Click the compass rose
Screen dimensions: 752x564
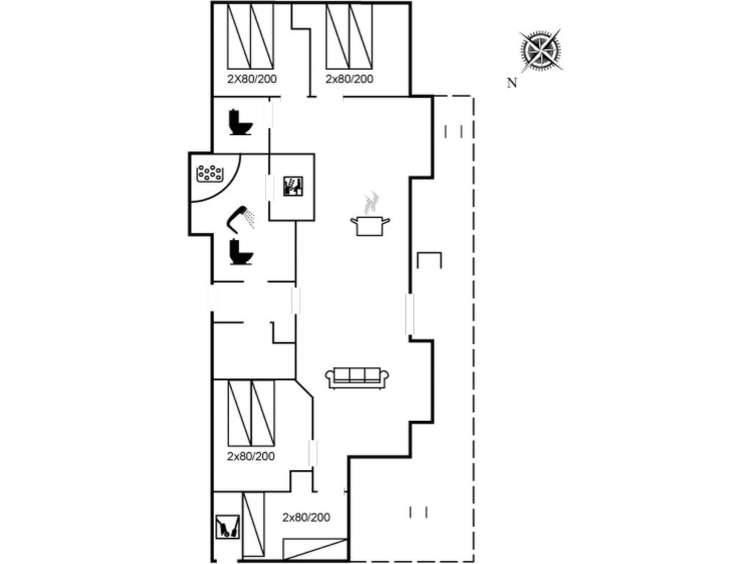pos(541,50)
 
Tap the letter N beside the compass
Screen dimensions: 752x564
pos(512,83)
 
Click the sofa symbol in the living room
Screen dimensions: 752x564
pos(357,377)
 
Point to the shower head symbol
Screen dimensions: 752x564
pos(240,219)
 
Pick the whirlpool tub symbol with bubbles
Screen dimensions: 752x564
pos(210,173)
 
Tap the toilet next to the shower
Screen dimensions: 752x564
pos(241,252)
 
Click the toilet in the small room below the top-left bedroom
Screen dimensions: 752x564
pos(241,123)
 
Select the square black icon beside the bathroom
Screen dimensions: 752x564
pos(292,186)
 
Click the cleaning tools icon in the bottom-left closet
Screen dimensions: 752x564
pos(228,527)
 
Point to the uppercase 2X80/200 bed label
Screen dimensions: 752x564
pos(252,79)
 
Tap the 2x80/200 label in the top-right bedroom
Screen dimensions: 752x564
pos(349,79)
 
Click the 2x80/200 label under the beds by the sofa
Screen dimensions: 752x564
pos(251,456)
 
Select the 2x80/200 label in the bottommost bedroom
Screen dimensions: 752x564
pos(306,518)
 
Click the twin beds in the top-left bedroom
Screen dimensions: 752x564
pos(250,36)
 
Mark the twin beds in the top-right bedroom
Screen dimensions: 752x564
pos(349,36)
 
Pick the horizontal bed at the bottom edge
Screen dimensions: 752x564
pos(314,549)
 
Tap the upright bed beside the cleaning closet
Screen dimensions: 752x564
pos(253,524)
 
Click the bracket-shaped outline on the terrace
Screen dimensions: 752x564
pos(429,259)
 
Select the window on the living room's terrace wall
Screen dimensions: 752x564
pos(410,314)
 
